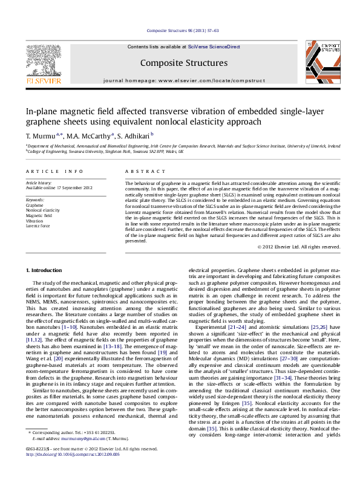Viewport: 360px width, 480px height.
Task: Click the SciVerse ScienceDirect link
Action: pyautogui.click(x=214, y=47)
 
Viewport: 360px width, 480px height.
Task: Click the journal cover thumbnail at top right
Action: pyautogui.click(x=321, y=62)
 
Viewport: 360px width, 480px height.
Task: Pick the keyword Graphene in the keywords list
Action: pyautogui.click(x=34, y=205)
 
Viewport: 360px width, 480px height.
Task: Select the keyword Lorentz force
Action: pyautogui.click(x=38, y=225)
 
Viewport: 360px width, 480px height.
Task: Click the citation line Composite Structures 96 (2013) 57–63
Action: pyautogui.click(x=180, y=30)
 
